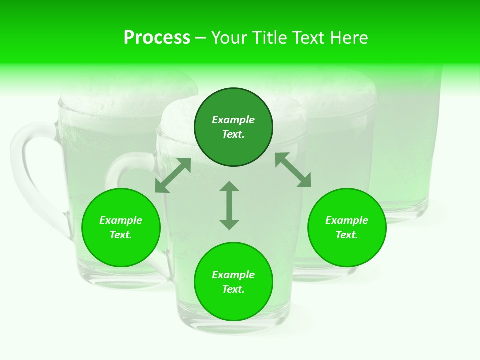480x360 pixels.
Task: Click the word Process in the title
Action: click(x=157, y=38)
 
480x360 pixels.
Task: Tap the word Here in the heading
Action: click(x=348, y=38)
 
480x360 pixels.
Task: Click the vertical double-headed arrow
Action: click(x=229, y=205)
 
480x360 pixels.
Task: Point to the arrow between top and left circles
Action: click(x=173, y=175)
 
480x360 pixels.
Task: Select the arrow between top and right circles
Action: click(x=293, y=170)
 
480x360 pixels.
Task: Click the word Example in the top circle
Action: click(x=233, y=120)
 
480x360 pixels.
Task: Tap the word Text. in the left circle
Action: click(x=121, y=235)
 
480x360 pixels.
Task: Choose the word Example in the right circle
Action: click(x=347, y=220)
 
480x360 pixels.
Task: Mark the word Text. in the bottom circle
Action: click(x=233, y=289)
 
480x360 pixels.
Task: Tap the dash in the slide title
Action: click(x=200, y=38)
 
